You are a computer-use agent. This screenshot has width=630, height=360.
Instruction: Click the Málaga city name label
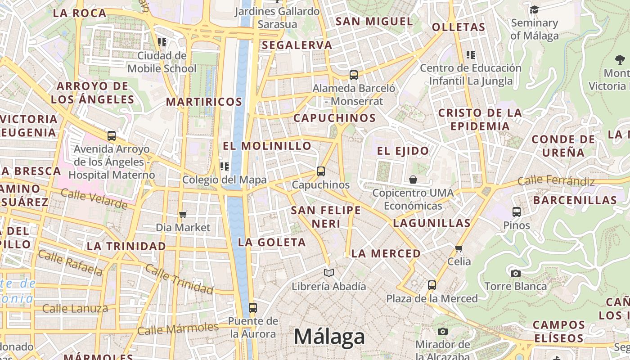coord(329,337)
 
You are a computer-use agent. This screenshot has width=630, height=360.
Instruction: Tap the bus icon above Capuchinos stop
coord(321,171)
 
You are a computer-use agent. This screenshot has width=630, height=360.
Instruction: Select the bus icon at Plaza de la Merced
coord(432,285)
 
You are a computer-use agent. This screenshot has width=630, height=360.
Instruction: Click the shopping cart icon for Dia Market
coord(183,214)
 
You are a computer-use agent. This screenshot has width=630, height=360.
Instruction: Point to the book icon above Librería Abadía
coord(329,273)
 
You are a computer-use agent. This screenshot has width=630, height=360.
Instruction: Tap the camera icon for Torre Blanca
coord(516,273)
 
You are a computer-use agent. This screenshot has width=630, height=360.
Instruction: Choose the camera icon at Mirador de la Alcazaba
coord(443,332)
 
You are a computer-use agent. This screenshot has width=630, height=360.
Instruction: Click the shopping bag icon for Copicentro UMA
coord(413,180)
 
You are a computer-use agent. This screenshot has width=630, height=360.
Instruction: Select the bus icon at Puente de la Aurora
coord(253,308)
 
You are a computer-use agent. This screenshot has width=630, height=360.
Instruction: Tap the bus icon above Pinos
coord(517,211)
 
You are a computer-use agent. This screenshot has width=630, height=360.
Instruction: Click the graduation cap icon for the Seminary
coord(534,10)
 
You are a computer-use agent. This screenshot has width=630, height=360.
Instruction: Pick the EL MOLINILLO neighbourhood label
coord(267,146)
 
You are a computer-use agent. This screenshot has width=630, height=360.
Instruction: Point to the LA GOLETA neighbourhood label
coord(272,242)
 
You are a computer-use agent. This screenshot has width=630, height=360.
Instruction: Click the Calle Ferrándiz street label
coord(556,181)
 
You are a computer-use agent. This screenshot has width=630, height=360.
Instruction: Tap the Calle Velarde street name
coord(94,199)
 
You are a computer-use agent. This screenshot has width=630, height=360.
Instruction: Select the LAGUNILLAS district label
coord(432,223)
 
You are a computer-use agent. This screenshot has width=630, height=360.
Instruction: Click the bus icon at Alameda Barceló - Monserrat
coord(354,75)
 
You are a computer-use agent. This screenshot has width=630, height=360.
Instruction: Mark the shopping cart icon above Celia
coord(459,248)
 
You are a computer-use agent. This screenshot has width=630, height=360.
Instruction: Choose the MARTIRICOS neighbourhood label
coord(204,102)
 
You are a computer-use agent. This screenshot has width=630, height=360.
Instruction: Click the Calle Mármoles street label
coord(178,329)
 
